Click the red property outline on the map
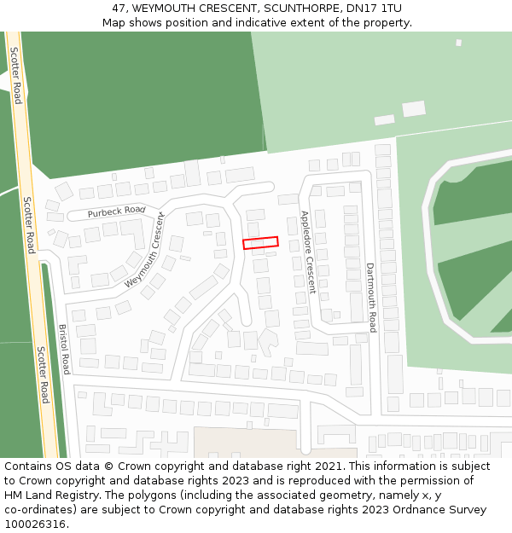(x=260, y=243)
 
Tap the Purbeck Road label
(x=116, y=211)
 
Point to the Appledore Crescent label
(x=307, y=252)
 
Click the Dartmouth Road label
(x=371, y=297)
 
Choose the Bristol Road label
(x=64, y=349)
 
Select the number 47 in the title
(x=119, y=9)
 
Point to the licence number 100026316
(x=35, y=524)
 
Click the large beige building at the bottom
(x=247, y=442)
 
